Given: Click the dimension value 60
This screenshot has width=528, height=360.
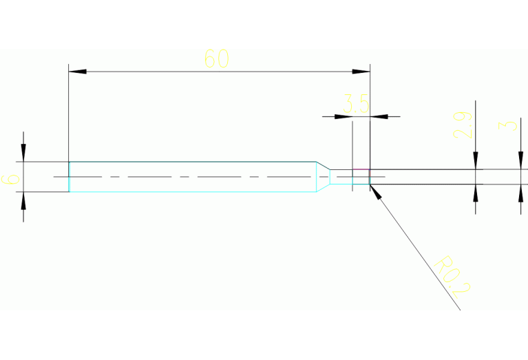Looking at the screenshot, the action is click(x=216, y=59).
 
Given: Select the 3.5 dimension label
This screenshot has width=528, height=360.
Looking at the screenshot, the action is click(x=356, y=105).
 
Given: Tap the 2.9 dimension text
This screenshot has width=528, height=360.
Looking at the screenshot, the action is click(x=463, y=125).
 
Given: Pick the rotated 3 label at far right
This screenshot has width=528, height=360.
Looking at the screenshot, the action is click(x=509, y=125).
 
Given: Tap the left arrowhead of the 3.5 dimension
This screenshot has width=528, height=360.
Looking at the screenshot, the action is click(x=344, y=116).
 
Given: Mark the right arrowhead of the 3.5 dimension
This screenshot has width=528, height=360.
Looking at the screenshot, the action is click(x=378, y=116).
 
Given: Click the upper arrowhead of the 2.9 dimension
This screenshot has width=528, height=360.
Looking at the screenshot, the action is click(x=475, y=161).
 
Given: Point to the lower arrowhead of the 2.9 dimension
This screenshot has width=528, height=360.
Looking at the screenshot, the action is click(x=475, y=192).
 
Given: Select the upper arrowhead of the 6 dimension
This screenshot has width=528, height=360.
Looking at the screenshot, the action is click(x=23, y=153).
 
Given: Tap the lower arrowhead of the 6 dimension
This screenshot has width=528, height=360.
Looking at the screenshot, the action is click(x=23, y=200).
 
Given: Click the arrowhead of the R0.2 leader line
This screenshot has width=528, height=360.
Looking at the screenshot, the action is click(x=375, y=191).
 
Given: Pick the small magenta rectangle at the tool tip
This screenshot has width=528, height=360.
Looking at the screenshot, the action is click(x=361, y=177).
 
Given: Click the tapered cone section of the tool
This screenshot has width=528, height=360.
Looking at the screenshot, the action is click(x=322, y=177).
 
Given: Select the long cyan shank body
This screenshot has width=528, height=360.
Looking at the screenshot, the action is click(x=193, y=177).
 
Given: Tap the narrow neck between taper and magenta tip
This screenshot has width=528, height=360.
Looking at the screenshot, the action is click(x=341, y=177).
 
